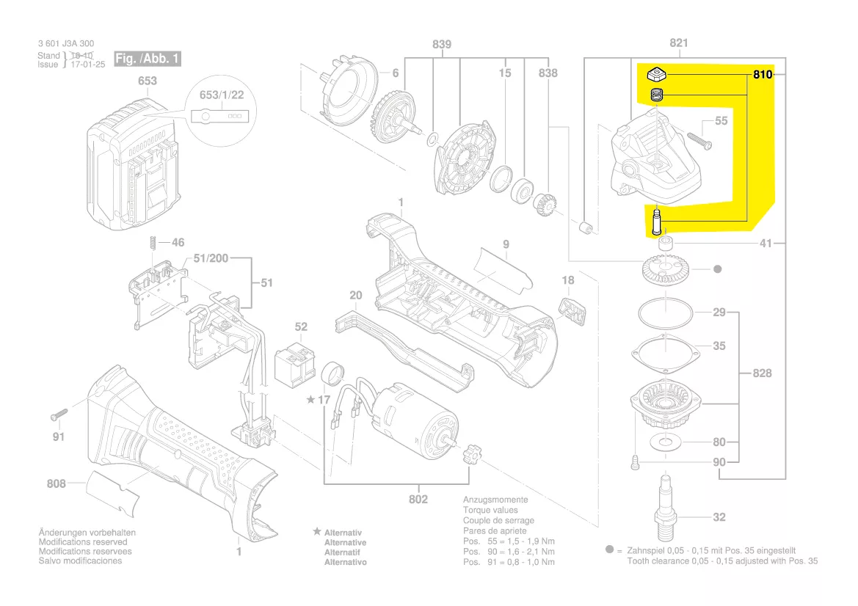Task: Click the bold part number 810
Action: point(763,75)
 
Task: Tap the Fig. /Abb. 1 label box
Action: point(147,59)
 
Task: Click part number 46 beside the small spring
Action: point(178,242)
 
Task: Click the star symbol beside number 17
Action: point(311,400)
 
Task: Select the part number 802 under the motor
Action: point(418,500)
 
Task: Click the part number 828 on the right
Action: point(763,373)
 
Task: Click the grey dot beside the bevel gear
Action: point(717,269)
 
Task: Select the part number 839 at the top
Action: point(441,45)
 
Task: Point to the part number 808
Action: point(56,483)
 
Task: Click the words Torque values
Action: point(490,510)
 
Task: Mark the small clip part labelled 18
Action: point(575,310)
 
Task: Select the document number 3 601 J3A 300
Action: point(66,44)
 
